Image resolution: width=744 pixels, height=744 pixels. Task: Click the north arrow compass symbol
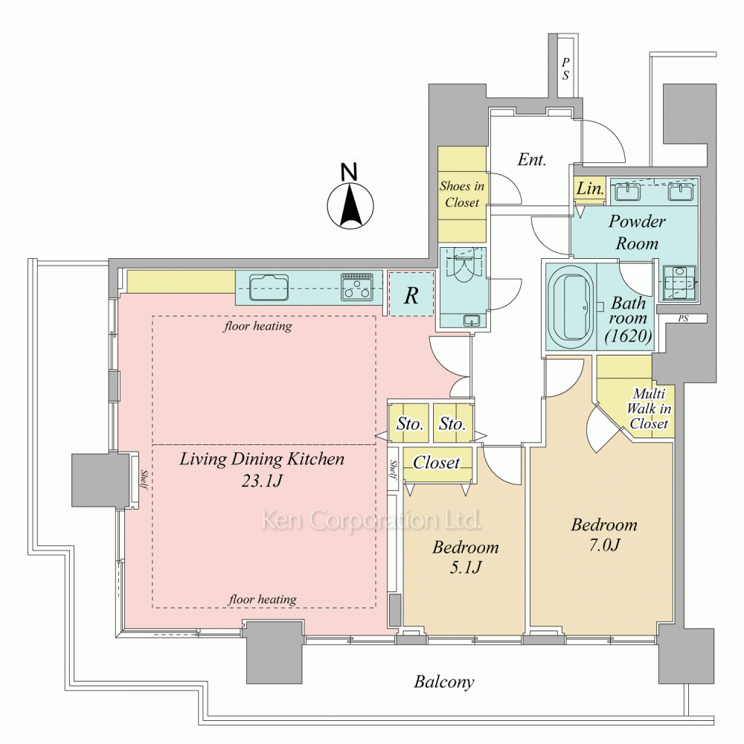(350, 200)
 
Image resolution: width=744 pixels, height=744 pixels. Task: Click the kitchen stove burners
(357, 287)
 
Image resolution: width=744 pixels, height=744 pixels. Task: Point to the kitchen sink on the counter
(269, 287)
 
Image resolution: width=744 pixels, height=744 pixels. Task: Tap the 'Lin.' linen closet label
(590, 189)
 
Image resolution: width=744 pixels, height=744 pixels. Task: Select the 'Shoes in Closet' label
(462, 194)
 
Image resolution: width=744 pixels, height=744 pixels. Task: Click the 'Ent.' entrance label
(531, 159)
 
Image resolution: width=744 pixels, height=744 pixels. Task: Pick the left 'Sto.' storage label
(409, 423)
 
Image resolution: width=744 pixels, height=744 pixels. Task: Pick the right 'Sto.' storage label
(452, 423)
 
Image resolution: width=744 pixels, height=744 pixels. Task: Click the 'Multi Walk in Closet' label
(648, 408)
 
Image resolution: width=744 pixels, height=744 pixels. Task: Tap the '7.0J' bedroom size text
(604, 545)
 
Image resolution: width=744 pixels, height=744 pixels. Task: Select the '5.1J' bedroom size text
(466, 567)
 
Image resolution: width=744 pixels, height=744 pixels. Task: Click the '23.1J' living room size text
(262, 481)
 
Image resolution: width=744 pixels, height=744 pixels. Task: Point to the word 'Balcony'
(443, 682)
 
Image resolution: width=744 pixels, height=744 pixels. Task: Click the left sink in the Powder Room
(628, 192)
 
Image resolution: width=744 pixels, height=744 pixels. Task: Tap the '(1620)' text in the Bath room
(628, 336)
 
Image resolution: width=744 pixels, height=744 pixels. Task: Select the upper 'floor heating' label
(257, 326)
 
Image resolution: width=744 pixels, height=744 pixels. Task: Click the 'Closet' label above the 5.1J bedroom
(437, 462)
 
